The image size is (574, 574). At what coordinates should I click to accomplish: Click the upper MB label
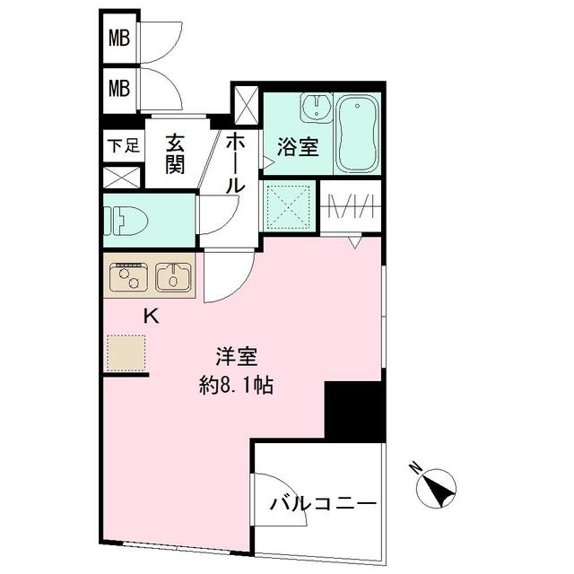[119, 39]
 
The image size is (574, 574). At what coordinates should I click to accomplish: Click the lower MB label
[119, 88]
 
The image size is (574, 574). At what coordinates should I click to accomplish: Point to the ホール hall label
[234, 162]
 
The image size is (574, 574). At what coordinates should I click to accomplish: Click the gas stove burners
[128, 278]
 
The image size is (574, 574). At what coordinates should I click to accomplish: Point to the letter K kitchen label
[152, 316]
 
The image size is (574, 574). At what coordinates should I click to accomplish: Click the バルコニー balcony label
[323, 503]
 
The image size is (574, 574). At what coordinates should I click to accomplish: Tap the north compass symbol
[437, 488]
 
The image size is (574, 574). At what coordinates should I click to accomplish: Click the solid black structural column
[354, 411]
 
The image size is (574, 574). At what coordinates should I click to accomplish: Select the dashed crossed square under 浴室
[289, 207]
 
